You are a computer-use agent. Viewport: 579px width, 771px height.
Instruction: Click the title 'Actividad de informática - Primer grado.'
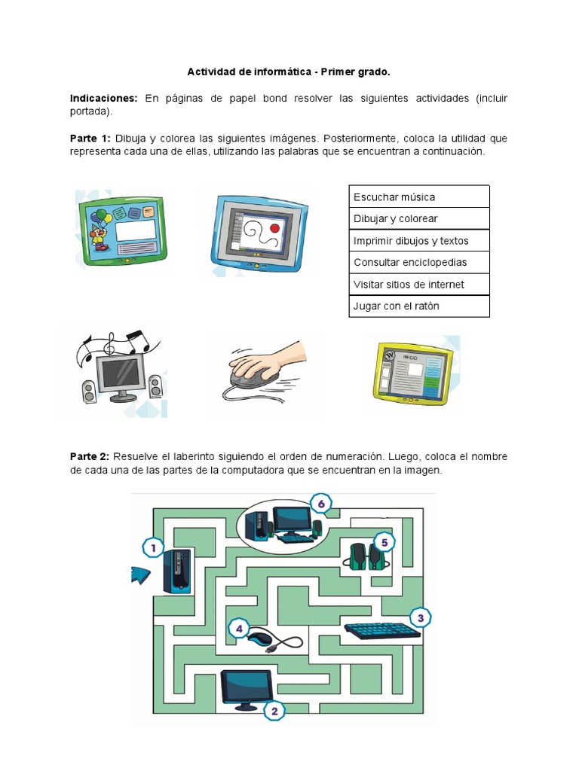[289, 72]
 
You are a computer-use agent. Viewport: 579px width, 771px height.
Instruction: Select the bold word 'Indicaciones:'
[103, 99]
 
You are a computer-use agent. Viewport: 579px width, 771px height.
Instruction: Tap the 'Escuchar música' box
[418, 197]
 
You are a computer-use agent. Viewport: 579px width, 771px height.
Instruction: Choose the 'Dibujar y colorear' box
[418, 218]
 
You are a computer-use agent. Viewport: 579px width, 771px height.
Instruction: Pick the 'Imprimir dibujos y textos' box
[418, 240]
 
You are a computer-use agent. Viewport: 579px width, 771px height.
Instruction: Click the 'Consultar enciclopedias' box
[418, 262]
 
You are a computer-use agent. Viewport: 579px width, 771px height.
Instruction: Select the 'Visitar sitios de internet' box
[418, 284]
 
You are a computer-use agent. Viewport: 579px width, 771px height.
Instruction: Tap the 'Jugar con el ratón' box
[418, 306]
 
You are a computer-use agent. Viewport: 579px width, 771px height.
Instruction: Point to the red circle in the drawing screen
[274, 227]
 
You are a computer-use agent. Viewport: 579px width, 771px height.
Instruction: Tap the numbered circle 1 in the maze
[153, 549]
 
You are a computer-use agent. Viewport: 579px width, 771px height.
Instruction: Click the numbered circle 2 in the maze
[274, 710]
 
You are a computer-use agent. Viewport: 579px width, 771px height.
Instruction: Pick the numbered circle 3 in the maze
[420, 618]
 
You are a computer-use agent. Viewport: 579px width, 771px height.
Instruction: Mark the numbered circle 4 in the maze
[239, 629]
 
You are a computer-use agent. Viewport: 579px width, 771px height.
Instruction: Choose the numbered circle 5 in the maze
[384, 541]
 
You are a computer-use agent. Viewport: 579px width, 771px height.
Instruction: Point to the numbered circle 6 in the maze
[321, 503]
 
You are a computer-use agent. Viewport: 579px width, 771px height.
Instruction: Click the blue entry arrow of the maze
[141, 575]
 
